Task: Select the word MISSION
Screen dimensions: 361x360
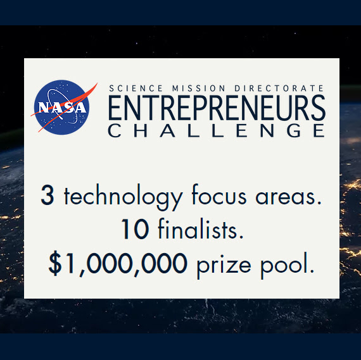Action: [199, 89]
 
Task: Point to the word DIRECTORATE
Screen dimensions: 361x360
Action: [279, 89]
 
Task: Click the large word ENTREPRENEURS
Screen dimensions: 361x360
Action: [217, 108]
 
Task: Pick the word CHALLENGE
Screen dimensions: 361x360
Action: [217, 130]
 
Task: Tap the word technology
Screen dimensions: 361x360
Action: [123, 197]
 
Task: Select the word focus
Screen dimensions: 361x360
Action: [219, 194]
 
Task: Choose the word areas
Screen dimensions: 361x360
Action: [288, 197]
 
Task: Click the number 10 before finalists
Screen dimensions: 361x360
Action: [136, 229]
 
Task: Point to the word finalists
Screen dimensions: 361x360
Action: [201, 228]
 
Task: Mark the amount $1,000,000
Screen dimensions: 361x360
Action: [118, 264]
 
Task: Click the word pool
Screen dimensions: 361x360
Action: [288, 264]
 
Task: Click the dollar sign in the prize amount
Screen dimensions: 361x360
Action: [55, 263]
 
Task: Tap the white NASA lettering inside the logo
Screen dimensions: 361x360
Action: [62, 107]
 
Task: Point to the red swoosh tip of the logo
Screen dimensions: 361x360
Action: [97, 84]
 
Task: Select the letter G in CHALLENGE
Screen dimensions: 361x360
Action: [294, 130]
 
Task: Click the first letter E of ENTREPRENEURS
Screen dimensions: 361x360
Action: [115, 108]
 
